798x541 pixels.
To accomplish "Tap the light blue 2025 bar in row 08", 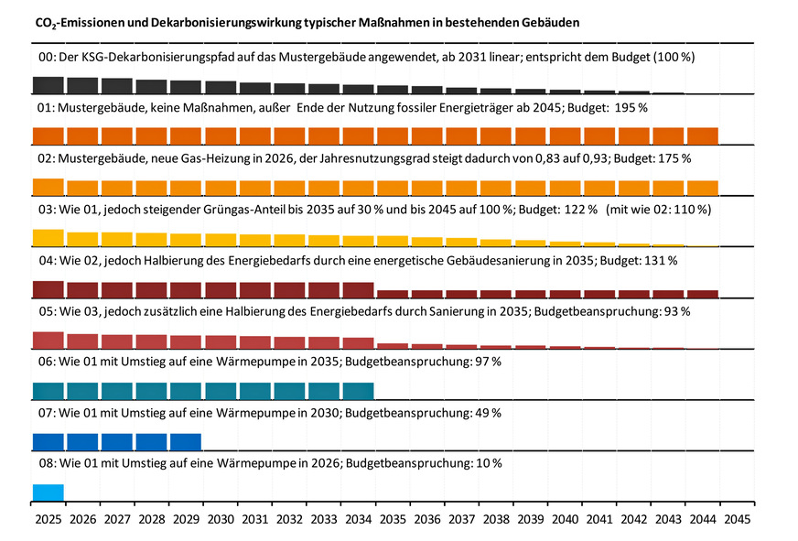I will (x=48, y=492).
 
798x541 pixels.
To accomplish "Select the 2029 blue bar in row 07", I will (x=185, y=442).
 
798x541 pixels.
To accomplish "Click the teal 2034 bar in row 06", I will (x=357, y=391).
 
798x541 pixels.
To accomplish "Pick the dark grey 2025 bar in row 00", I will (x=48, y=85).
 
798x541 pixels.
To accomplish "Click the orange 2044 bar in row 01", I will (x=702, y=136).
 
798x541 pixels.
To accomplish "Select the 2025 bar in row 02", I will (x=48, y=187).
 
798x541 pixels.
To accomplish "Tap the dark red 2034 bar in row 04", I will (x=357, y=290).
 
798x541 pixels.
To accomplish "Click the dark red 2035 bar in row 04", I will (x=392, y=294).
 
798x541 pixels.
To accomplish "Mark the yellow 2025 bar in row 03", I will (x=48, y=237).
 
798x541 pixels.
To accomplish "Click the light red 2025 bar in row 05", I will (x=48, y=340).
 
